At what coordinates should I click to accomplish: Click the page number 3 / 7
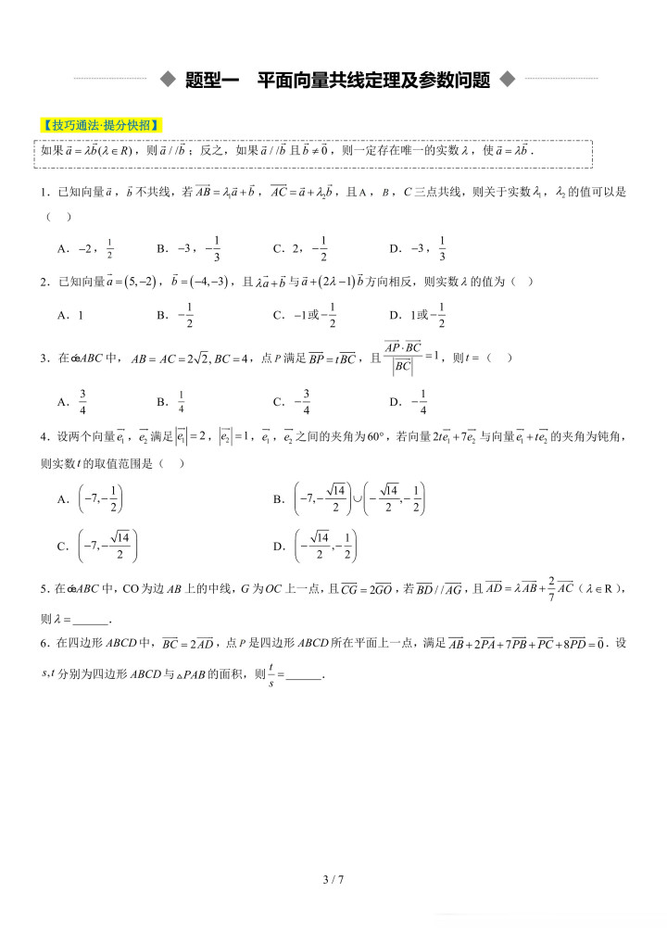[x=333, y=879]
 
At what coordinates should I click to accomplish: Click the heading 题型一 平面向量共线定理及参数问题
[x=337, y=80]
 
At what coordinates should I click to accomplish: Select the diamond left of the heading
[x=168, y=80]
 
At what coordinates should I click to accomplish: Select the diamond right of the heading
[x=506, y=80]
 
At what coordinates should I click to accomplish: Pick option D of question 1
[x=418, y=248]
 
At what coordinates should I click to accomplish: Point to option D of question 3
[x=409, y=401]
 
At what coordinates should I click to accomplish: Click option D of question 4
[x=316, y=545]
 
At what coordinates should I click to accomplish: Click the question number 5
[x=44, y=587]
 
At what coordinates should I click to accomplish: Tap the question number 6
[x=44, y=643]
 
